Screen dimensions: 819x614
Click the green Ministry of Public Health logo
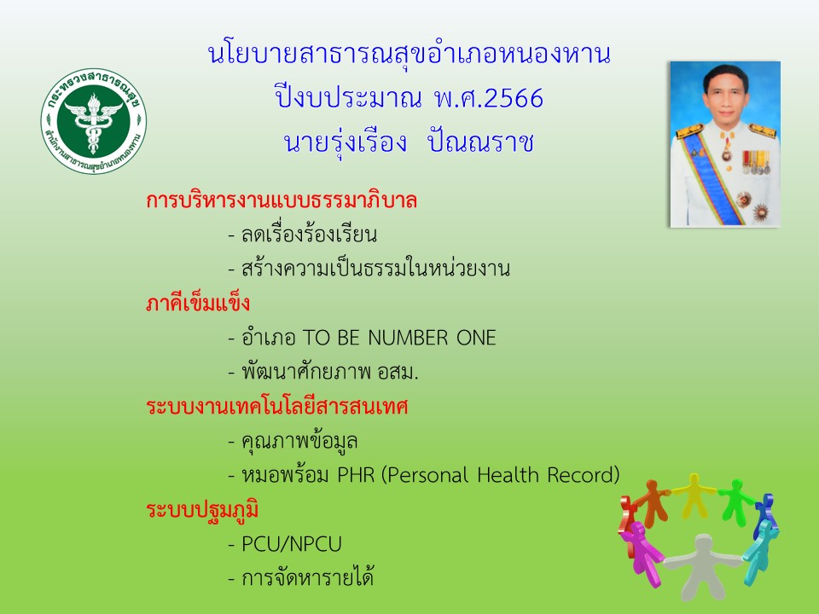click(x=94, y=120)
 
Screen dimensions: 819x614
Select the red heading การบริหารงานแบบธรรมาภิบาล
click(x=282, y=200)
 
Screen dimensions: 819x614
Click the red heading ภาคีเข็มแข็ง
click(x=198, y=303)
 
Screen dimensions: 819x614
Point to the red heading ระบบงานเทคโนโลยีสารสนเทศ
click(x=276, y=406)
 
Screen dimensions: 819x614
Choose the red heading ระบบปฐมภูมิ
click(x=202, y=510)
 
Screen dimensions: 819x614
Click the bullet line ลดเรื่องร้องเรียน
click(x=302, y=235)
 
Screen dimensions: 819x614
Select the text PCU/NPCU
click(x=292, y=544)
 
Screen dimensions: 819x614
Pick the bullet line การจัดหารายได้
click(x=301, y=577)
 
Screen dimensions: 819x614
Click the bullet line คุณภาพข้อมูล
click(x=293, y=441)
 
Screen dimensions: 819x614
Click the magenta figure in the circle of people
click(x=642, y=552)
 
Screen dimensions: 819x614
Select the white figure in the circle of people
click(x=702, y=565)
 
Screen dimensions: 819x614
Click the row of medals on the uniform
click(x=756, y=162)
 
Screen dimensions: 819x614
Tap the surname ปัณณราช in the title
click(x=480, y=142)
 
